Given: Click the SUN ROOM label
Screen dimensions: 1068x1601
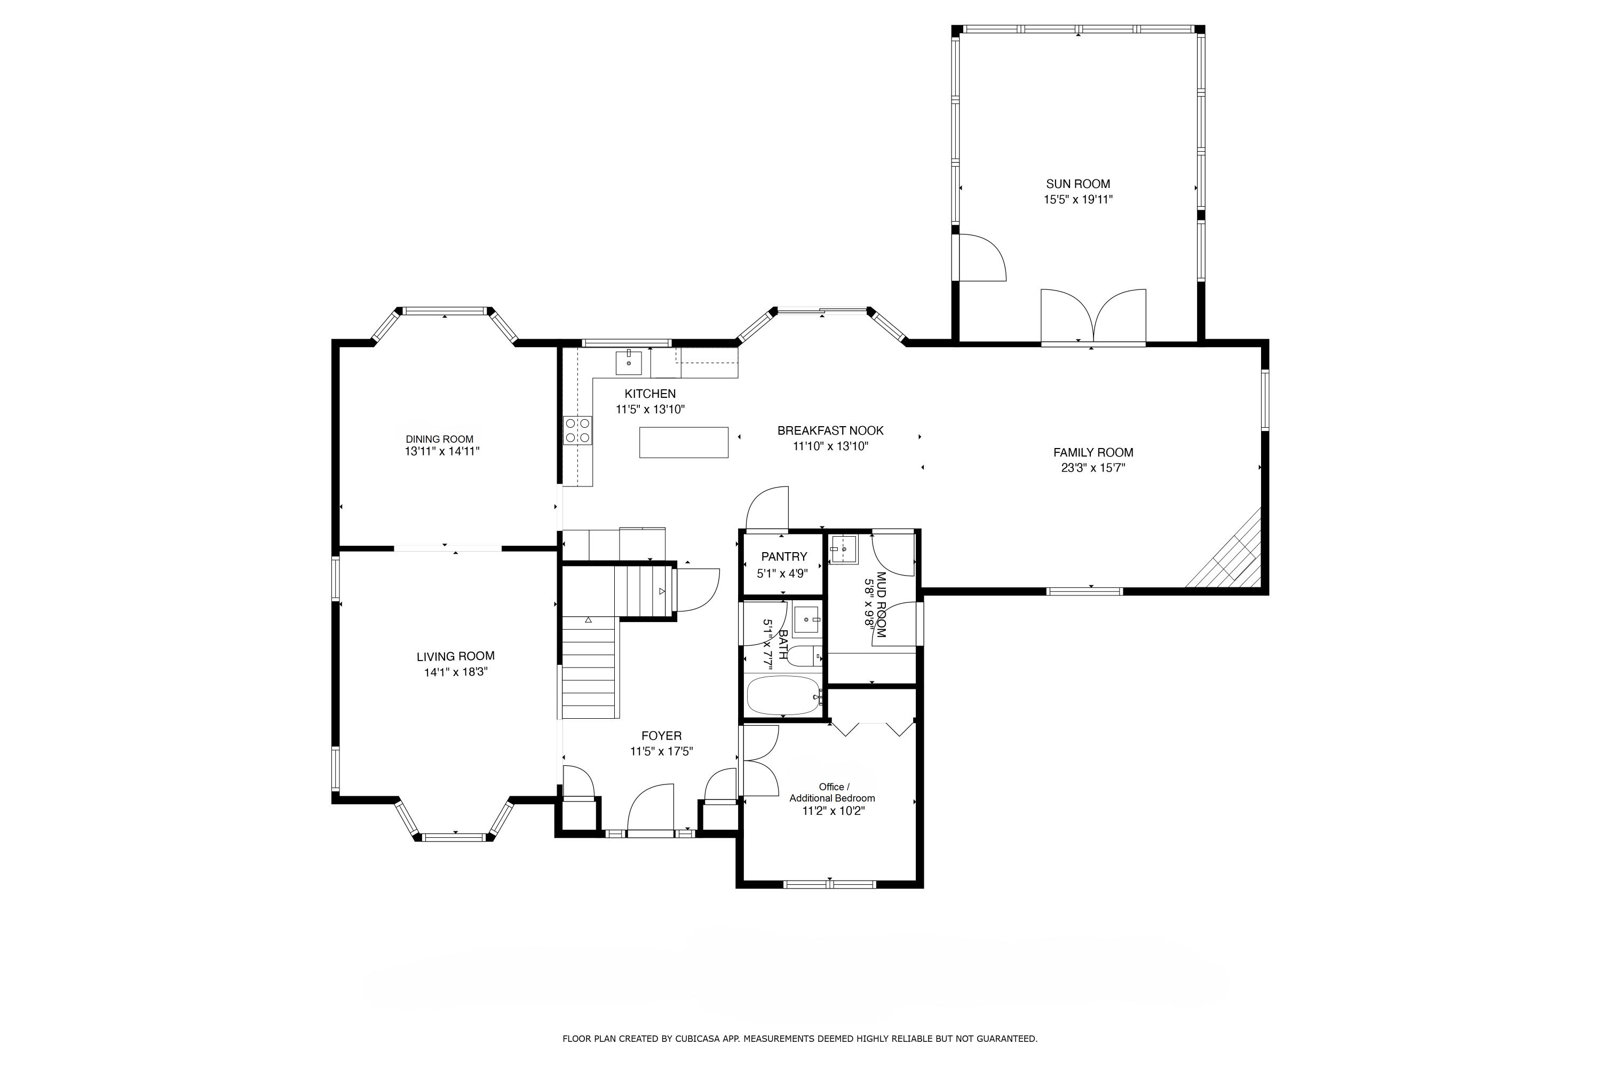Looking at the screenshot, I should (x=1077, y=184).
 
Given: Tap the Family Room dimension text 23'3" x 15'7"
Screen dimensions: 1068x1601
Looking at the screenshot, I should (x=1092, y=468).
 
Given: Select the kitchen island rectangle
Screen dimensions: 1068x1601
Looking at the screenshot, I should (x=684, y=442).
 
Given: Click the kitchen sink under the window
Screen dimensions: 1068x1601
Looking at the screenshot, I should (x=628, y=363).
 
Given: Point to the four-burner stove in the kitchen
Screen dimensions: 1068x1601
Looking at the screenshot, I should (x=577, y=430).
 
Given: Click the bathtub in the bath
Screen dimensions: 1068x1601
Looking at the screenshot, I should (x=783, y=695).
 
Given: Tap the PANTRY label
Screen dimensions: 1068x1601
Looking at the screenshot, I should (x=783, y=556).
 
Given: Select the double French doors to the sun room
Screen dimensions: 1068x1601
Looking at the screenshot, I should (x=1092, y=317).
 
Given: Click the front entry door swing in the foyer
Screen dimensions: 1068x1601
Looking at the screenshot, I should (x=650, y=808).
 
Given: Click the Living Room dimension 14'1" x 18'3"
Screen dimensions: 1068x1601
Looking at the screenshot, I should (x=455, y=672).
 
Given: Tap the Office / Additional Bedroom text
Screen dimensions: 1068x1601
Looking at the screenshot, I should (x=832, y=792).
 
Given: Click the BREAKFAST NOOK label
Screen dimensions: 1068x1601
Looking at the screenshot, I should (x=830, y=430).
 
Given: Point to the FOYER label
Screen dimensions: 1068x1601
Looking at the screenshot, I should (x=661, y=736).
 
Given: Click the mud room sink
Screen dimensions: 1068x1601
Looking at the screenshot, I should (x=843, y=549).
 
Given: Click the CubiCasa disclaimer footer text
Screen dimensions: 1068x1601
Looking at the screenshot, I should (x=800, y=1039).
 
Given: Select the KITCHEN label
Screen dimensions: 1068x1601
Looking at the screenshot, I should (x=650, y=394).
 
